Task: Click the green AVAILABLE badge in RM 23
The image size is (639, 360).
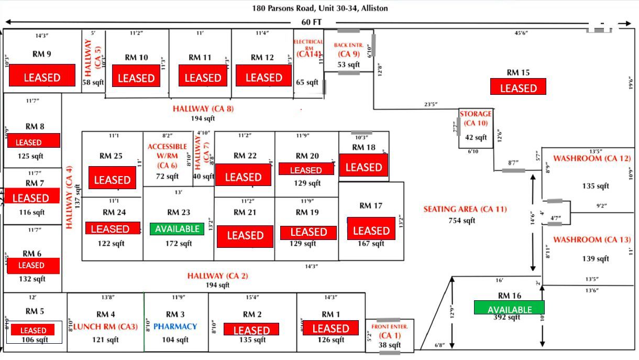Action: (x=177, y=229)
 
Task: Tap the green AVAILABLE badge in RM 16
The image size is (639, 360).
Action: (x=509, y=308)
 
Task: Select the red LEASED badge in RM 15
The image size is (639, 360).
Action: (x=518, y=87)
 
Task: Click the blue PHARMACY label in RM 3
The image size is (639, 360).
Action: (x=175, y=326)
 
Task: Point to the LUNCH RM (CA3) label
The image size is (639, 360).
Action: (x=106, y=326)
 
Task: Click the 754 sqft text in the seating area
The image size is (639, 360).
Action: (x=461, y=220)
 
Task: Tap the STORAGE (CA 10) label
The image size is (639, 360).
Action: (x=476, y=118)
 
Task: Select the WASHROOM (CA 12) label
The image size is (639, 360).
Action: (x=592, y=158)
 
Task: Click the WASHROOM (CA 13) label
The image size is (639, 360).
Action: (x=592, y=240)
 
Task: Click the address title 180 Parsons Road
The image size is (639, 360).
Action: (x=320, y=8)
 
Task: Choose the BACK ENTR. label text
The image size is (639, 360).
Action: (x=348, y=49)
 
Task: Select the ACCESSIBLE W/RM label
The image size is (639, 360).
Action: (x=167, y=156)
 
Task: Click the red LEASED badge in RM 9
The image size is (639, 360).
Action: (x=42, y=78)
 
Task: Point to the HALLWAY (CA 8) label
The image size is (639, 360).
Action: (x=203, y=109)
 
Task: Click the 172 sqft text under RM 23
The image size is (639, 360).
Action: (x=179, y=244)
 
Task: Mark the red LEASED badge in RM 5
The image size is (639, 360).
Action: (x=34, y=330)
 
